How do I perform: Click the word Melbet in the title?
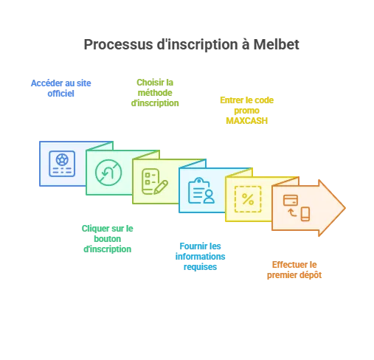coord(276,44)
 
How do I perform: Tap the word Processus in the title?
coord(118,44)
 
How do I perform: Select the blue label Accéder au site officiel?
coord(60,89)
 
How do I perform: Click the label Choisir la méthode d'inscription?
coord(155,93)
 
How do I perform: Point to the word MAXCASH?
coord(246,121)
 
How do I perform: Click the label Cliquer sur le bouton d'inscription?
coord(108,239)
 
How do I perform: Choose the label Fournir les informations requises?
coord(200,257)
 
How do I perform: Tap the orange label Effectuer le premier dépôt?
coord(294,270)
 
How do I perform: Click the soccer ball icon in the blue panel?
coord(62,160)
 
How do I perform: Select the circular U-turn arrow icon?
coord(108,173)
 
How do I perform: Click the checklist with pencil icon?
coord(155,181)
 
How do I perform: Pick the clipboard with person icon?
coord(201,190)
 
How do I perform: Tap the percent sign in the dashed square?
coord(248,199)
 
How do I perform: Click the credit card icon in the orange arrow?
coord(291,200)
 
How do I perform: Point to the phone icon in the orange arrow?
coord(305,214)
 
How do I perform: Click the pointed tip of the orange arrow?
coord(345,208)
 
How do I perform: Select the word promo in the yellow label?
coord(246,111)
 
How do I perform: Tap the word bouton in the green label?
coord(108,239)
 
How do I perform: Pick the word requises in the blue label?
coord(200,267)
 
